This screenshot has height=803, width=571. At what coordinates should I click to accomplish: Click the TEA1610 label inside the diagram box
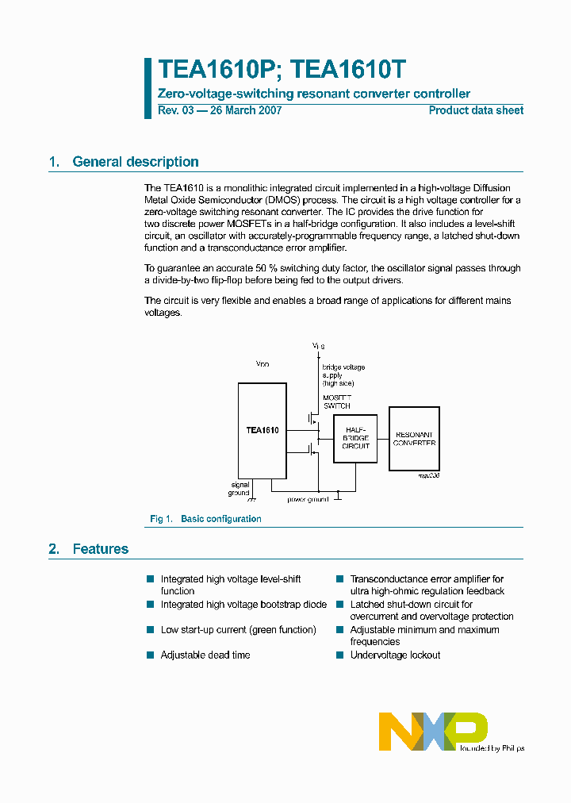(x=262, y=430)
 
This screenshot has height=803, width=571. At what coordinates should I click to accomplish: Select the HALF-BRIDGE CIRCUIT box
(x=355, y=438)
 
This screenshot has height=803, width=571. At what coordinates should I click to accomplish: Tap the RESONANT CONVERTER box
(x=414, y=438)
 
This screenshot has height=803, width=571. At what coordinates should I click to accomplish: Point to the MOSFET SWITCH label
(x=336, y=401)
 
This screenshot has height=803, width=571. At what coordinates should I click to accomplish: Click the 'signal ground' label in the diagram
(x=240, y=489)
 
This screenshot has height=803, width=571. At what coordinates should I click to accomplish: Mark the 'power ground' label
(x=308, y=499)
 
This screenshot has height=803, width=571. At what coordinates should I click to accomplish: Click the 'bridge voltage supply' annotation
(x=343, y=375)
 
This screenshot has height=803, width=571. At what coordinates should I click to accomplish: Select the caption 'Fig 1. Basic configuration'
(x=205, y=519)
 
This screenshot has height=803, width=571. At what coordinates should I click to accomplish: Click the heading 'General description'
(x=135, y=162)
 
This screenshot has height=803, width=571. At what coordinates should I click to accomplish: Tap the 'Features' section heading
(x=100, y=549)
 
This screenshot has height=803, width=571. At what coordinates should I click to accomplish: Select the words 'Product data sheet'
(x=476, y=110)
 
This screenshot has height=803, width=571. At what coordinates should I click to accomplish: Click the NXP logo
(x=433, y=731)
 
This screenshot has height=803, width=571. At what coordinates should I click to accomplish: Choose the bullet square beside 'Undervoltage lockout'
(x=339, y=655)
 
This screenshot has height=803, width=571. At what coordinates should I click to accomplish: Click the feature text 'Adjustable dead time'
(x=205, y=655)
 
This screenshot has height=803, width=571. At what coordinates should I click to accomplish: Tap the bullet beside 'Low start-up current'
(x=150, y=630)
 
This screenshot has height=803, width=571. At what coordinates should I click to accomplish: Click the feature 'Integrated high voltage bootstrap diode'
(x=243, y=605)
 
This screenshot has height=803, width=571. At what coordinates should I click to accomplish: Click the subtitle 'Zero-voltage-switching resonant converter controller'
(x=314, y=94)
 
